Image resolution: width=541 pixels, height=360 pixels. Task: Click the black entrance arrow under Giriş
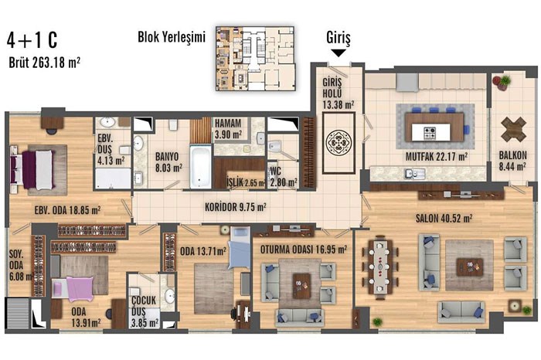[339, 53]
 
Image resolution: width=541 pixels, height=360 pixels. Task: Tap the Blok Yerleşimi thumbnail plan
[255, 59]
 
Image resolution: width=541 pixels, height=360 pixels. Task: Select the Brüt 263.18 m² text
[45, 63]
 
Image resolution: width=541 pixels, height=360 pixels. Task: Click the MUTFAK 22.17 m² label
[437, 157]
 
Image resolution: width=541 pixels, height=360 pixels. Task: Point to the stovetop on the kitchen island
[429, 133]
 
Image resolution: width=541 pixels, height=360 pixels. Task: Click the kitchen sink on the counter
[415, 174]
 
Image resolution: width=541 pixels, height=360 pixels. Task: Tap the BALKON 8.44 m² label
[512, 161]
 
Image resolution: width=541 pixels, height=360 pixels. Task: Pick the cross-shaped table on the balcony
[513, 129]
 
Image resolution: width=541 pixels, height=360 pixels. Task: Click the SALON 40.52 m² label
[444, 219]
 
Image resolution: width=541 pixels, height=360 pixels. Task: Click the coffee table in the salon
[470, 267]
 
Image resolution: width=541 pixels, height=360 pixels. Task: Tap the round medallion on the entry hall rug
[339, 142]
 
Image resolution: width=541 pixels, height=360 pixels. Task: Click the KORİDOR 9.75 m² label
[235, 207]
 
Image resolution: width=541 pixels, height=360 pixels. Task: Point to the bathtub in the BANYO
[200, 167]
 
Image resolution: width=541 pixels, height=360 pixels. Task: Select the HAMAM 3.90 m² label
[228, 128]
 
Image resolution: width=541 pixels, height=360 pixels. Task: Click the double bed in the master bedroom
[33, 171]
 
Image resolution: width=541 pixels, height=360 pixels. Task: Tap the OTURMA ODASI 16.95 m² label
[303, 250]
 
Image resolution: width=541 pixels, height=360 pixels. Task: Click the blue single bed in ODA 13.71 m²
[240, 247]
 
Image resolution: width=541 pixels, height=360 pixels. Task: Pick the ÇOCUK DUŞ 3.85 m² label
[145, 311]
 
